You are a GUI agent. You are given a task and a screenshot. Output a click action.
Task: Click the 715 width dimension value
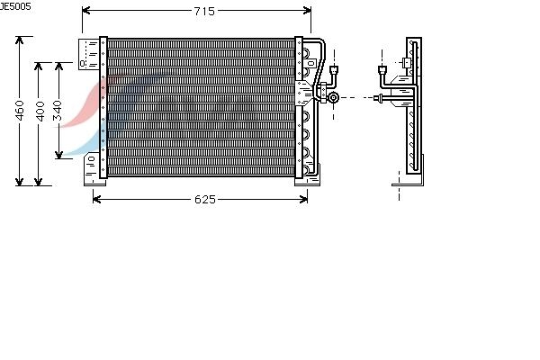[x=204, y=11]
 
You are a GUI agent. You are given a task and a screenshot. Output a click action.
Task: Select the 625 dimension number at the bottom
[x=205, y=199]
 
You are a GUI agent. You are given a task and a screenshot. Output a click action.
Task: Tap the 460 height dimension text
[x=20, y=111]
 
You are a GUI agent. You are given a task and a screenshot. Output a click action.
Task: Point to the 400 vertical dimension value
[x=40, y=112]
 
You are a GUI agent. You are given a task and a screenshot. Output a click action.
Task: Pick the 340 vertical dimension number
[x=58, y=111]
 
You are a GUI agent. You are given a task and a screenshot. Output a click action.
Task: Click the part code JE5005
[x=15, y=6]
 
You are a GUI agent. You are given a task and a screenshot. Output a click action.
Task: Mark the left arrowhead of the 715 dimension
[x=86, y=11]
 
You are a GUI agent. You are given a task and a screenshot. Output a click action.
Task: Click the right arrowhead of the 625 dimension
[x=303, y=199]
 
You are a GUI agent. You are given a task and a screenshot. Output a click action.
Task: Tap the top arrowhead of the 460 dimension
[x=20, y=40]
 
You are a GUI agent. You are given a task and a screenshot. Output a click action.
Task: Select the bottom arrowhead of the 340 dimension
[x=58, y=155]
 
